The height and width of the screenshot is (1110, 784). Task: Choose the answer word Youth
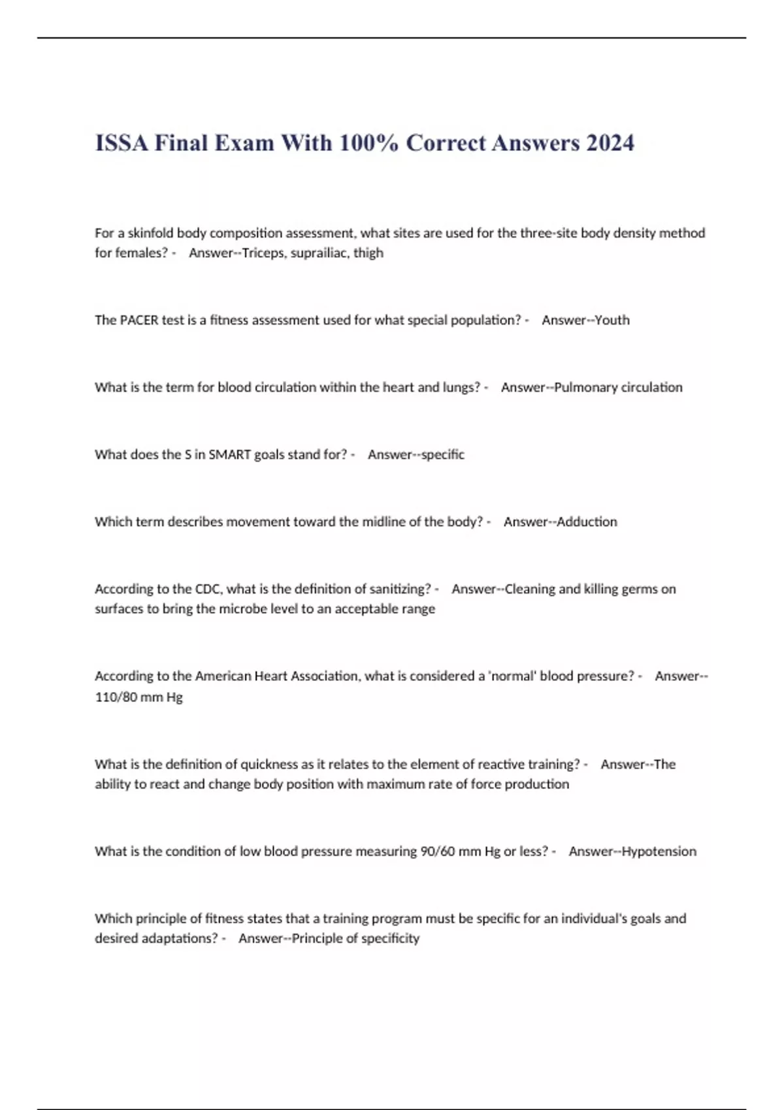pyautogui.click(x=612, y=320)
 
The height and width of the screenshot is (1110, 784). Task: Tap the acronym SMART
pyautogui.click(x=229, y=454)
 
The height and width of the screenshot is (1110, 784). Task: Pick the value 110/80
pyautogui.click(x=116, y=697)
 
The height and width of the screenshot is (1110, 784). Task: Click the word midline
pyautogui.click(x=383, y=522)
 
